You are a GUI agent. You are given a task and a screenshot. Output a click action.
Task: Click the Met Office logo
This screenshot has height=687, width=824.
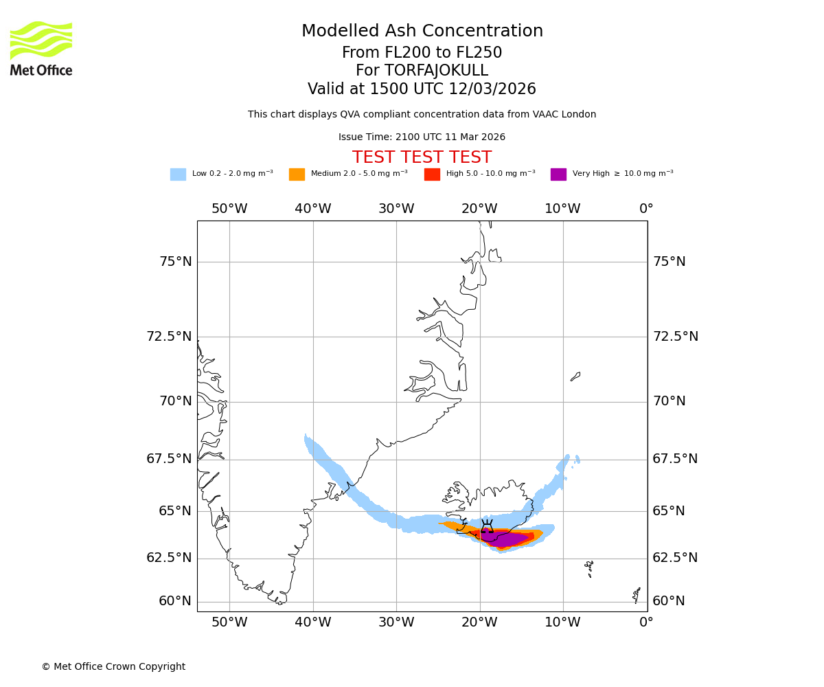pos(41,48)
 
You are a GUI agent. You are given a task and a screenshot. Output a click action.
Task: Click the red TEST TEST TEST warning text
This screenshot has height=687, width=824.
pos(422,157)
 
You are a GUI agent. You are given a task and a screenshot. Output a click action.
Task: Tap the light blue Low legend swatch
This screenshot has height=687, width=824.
pos(178,174)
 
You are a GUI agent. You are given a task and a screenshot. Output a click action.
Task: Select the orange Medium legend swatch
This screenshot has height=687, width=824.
pos(297,174)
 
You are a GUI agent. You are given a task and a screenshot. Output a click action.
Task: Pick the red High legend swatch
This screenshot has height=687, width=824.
pos(432,174)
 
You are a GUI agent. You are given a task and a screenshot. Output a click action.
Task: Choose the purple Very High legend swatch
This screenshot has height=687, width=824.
pos(558,174)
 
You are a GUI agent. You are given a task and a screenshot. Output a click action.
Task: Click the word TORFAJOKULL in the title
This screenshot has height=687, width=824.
pos(436,71)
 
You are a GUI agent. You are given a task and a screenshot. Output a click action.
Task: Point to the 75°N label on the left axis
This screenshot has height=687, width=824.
pos(176,262)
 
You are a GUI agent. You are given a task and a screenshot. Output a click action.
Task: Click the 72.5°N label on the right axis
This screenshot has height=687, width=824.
pos(675,337)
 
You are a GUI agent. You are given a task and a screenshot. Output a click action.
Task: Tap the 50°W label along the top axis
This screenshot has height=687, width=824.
pos(229,209)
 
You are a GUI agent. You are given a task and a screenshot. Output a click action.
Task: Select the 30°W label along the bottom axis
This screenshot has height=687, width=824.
pos(396,622)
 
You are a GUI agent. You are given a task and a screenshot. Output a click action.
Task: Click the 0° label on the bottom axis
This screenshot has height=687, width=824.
pos(646,622)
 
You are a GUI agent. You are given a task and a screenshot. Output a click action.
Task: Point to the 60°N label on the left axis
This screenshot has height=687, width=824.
pos(175,601)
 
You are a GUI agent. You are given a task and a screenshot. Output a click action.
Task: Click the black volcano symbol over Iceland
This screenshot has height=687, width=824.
pos(487,528)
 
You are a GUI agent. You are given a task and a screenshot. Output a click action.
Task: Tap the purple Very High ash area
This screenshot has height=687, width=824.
pos(505,539)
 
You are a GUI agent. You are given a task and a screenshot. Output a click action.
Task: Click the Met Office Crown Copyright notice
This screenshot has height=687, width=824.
pos(113,666)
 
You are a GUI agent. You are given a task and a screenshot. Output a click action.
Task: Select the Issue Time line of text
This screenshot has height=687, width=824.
pos(422,137)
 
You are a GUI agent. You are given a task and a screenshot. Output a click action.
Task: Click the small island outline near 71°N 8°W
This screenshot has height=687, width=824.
pos(575,376)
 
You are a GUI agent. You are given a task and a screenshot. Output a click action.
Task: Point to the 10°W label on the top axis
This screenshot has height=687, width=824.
pos(562,209)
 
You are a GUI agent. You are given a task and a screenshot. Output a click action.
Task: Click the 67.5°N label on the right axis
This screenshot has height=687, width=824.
pos(675,459)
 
